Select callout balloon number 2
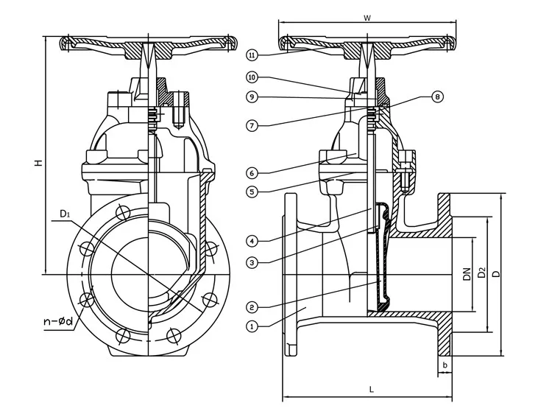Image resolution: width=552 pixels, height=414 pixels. (x=252, y=306)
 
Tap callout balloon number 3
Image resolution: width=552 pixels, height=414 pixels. (x=252, y=262)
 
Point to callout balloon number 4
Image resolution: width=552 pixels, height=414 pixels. (x=252, y=240)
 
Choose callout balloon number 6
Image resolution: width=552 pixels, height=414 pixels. (x=252, y=173)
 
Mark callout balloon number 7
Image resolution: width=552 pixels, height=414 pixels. (x=252, y=126)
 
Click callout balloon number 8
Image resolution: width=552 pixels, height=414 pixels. (x=438, y=97)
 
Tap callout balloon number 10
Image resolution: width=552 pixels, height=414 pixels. (x=252, y=77)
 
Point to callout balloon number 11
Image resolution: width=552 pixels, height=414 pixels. (x=252, y=55)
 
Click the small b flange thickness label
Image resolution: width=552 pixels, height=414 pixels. (x=445, y=364)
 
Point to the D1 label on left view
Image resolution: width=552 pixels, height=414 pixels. (x=66, y=214)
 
